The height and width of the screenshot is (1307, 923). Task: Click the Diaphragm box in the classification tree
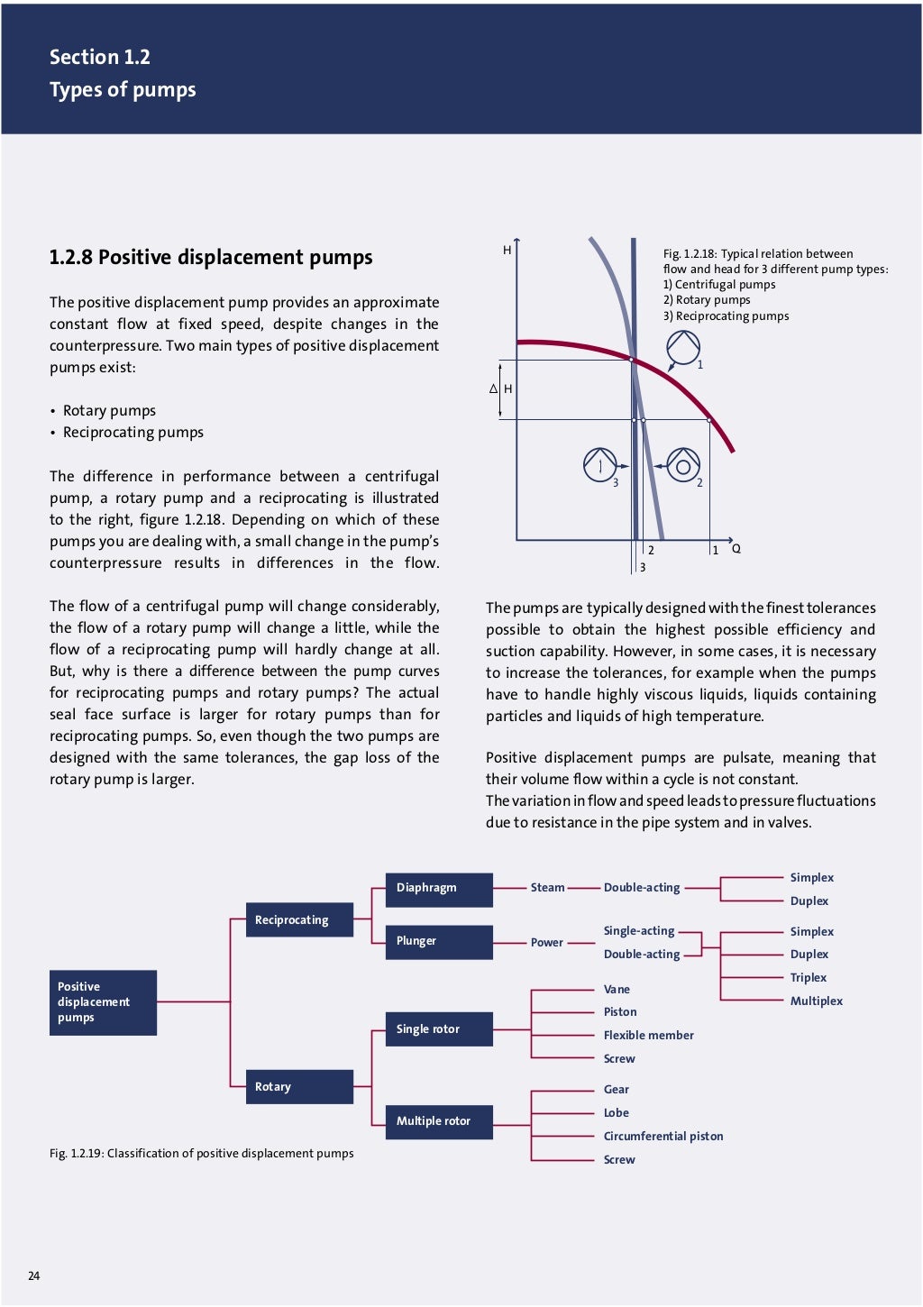coord(438,889)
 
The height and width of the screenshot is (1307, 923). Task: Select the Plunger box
coord(438,942)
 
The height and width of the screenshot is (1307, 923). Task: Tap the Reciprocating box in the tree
coord(299,920)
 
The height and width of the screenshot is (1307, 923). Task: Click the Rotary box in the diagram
coord(299,1087)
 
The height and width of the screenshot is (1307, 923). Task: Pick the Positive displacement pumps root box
coord(103,1002)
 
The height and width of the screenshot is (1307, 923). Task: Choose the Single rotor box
coord(438,1029)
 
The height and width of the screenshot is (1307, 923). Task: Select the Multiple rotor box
coord(438,1121)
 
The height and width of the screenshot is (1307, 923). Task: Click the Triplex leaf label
coord(808,978)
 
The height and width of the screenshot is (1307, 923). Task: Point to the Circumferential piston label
coord(663,1137)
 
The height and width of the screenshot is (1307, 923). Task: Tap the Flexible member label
coord(648,1036)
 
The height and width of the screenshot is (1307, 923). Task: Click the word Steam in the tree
coord(547,888)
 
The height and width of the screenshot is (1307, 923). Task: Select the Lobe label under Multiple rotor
coord(616,1113)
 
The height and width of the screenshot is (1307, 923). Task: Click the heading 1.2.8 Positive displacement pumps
coord(210,258)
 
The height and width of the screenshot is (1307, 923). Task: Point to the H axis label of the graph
coord(507,251)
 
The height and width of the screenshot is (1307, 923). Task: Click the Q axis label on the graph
coord(736,549)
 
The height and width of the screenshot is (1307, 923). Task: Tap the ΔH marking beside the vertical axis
coord(501,389)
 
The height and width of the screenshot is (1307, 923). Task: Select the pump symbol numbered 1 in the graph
coord(682,348)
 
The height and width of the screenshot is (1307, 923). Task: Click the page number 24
coord(34,1275)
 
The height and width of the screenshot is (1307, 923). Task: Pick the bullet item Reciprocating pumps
coord(133,433)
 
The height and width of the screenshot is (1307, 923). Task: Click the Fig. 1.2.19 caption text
coord(201,1154)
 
